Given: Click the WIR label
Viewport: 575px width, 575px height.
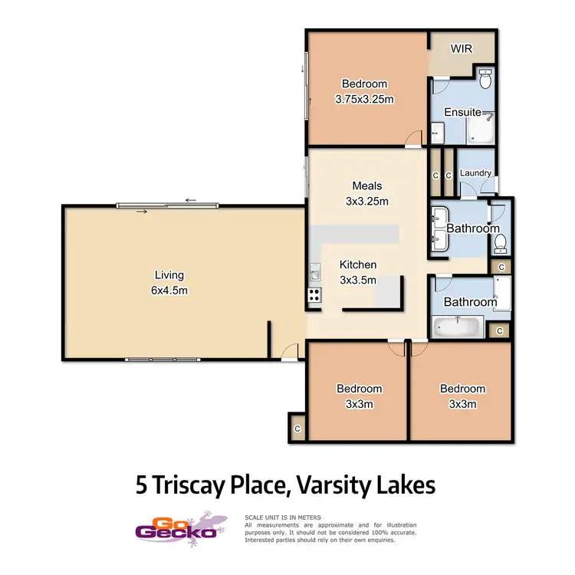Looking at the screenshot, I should pos(461,49).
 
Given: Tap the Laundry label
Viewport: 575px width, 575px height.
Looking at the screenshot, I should pos(475,173).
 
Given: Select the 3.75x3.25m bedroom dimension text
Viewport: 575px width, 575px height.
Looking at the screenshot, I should pos(365,99).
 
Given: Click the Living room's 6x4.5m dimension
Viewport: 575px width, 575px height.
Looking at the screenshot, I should pos(169,290).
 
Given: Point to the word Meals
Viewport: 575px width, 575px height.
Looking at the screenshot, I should pos(366,186).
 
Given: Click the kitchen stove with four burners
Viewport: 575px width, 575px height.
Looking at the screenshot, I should pos(314,294).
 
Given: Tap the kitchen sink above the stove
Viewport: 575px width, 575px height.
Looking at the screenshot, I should pos(314,272).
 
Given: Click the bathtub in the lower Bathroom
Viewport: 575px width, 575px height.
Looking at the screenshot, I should pos(457,328).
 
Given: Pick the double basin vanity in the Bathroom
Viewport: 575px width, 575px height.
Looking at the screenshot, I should pos(439,228).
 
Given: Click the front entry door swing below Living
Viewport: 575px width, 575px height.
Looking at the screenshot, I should pos(288,352).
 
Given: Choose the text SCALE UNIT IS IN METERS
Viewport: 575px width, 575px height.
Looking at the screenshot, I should pos(282,517).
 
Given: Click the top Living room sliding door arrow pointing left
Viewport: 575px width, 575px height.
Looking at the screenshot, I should pos(190,201).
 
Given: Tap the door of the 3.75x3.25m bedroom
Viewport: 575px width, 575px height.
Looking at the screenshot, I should pos(414,139).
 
